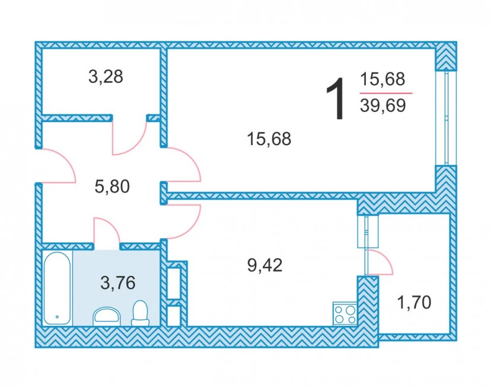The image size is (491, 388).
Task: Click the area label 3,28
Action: [106, 77]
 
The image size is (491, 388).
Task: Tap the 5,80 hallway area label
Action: [112, 187]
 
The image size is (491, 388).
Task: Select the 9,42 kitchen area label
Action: [265, 265]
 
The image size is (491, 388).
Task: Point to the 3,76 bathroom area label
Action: [118, 283]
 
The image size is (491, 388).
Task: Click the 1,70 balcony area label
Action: [414, 303]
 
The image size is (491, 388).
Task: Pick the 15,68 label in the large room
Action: [269, 139]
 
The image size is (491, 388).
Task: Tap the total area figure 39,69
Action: [382, 105]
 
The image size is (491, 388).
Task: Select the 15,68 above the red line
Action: [382, 79]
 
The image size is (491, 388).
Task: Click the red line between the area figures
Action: [386, 93]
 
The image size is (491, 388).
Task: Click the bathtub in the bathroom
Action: [57, 288]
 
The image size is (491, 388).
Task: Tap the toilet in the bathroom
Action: [140, 313]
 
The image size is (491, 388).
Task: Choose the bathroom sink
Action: [107, 316]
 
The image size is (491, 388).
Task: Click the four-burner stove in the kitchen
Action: [345, 314]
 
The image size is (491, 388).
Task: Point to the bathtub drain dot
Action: [57, 317]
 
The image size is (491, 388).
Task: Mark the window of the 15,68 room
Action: [446, 118]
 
